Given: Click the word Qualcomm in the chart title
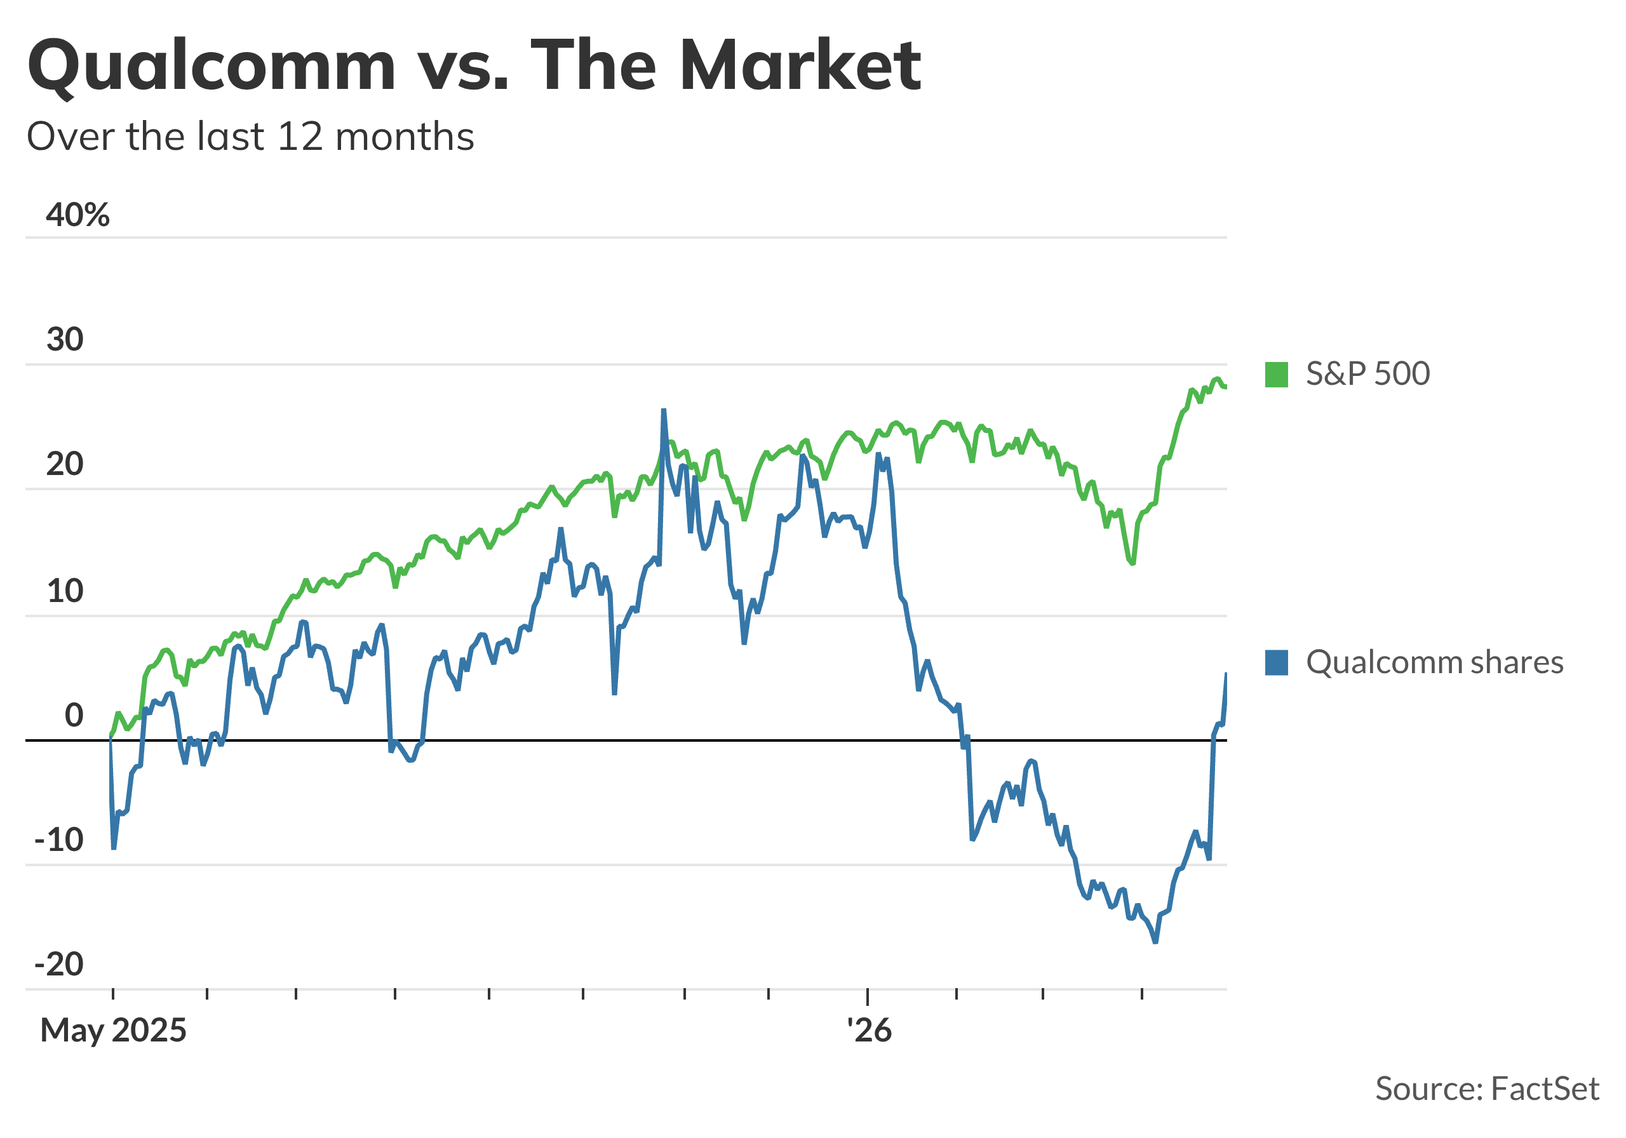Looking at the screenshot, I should [x=211, y=65].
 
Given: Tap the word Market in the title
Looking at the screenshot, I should [x=800, y=65].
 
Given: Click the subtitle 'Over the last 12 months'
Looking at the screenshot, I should [x=250, y=136].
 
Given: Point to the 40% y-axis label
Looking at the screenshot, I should [x=78, y=214].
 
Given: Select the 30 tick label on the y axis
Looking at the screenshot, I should [x=65, y=339].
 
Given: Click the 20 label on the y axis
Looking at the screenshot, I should [x=65, y=465].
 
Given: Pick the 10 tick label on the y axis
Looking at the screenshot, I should [x=65, y=591].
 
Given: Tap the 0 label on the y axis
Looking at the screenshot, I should [x=74, y=715].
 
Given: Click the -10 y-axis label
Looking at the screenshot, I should [x=60, y=841].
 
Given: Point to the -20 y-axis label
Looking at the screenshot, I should [x=60, y=965].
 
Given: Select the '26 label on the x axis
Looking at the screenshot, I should [x=869, y=1031].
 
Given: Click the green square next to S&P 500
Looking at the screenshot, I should [x=1276, y=374].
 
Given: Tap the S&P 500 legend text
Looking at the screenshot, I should [x=1367, y=374].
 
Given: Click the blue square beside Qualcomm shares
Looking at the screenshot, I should [x=1276, y=663].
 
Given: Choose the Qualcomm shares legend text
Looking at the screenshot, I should [x=1434, y=663].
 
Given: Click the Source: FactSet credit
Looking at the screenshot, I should [x=1486, y=1088].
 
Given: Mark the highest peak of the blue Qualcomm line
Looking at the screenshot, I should [x=664, y=411].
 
